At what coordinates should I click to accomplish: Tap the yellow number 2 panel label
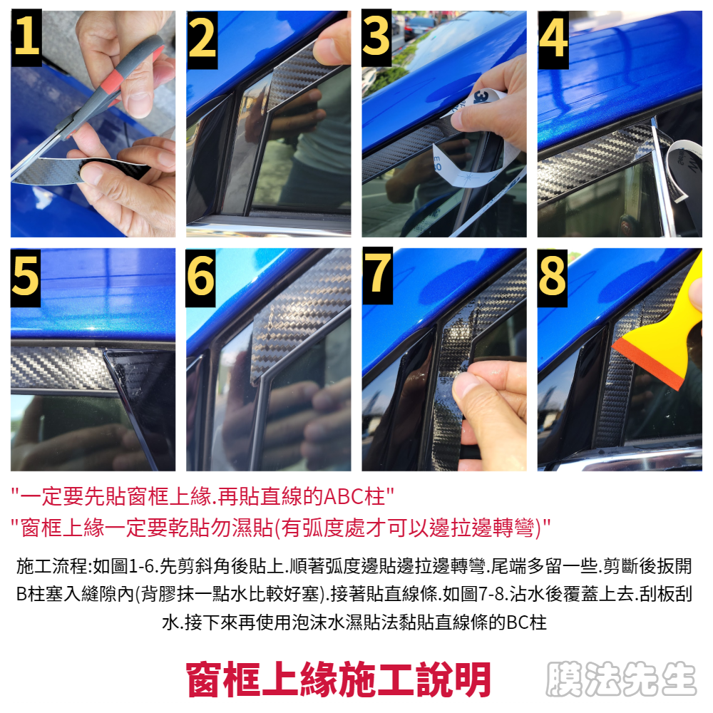click(202, 40)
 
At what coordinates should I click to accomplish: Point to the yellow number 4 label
click(553, 40)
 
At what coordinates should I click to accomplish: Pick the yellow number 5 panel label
click(26, 277)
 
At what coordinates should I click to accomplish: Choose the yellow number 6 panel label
click(200, 277)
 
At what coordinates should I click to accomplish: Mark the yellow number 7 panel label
click(377, 275)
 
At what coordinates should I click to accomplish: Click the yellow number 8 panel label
click(552, 277)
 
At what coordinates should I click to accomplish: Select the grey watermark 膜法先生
click(621, 679)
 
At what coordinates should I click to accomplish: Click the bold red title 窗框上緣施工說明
click(339, 679)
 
